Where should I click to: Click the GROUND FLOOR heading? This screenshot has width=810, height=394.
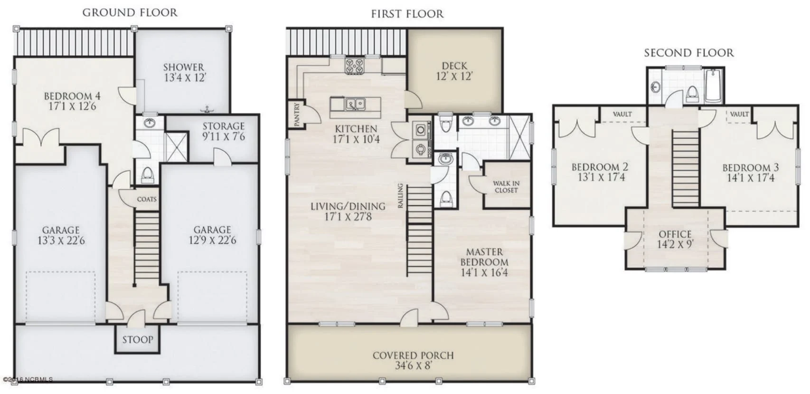(130, 13)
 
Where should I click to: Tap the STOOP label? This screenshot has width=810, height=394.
(138, 340)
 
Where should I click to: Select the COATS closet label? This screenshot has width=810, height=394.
(146, 199)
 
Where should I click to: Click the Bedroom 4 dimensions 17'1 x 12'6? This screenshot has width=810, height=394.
(72, 106)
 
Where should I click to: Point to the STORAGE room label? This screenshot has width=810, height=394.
(224, 126)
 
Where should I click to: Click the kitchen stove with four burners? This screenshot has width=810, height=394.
(355, 66)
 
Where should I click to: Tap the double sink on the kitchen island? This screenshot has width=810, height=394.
(355, 103)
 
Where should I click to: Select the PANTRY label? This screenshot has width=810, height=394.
(297, 115)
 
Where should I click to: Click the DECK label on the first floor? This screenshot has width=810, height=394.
(454, 66)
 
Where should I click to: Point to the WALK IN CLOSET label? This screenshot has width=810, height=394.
(506, 187)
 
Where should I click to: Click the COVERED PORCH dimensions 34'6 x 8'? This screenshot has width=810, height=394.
(413, 366)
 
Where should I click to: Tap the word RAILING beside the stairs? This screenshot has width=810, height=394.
(400, 196)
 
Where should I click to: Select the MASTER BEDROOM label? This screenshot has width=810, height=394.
(484, 257)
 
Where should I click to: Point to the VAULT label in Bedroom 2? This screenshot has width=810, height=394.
(622, 114)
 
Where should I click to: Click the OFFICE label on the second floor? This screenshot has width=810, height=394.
(675, 234)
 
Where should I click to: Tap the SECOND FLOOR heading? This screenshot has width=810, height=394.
(688, 53)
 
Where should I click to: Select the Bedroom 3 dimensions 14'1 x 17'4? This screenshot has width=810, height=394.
(750, 178)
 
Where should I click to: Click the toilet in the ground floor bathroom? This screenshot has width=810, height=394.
(148, 174)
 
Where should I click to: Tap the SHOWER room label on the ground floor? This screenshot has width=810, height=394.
(184, 67)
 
